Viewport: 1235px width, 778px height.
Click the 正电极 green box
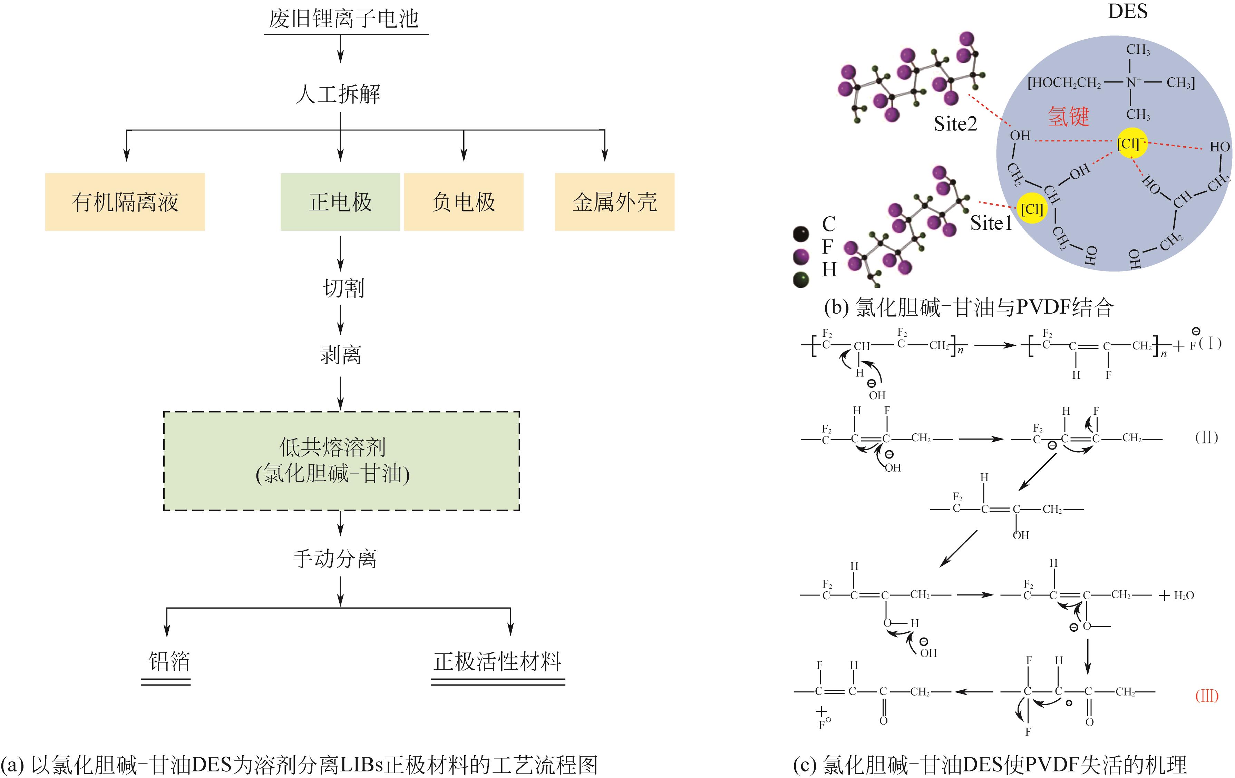tap(340, 202)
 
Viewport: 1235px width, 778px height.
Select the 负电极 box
tap(464, 202)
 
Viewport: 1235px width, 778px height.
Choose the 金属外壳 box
tap(614, 202)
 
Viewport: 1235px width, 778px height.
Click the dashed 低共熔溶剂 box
tap(341, 461)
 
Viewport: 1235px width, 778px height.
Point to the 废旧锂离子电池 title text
tap(344, 19)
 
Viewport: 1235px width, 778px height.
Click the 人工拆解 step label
tap(339, 94)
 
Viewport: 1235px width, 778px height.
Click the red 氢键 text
tap(1068, 116)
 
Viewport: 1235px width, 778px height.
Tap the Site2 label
tap(955, 124)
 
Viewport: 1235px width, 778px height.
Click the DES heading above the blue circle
tap(1127, 11)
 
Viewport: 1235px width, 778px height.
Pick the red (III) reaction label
tap(1206, 696)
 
